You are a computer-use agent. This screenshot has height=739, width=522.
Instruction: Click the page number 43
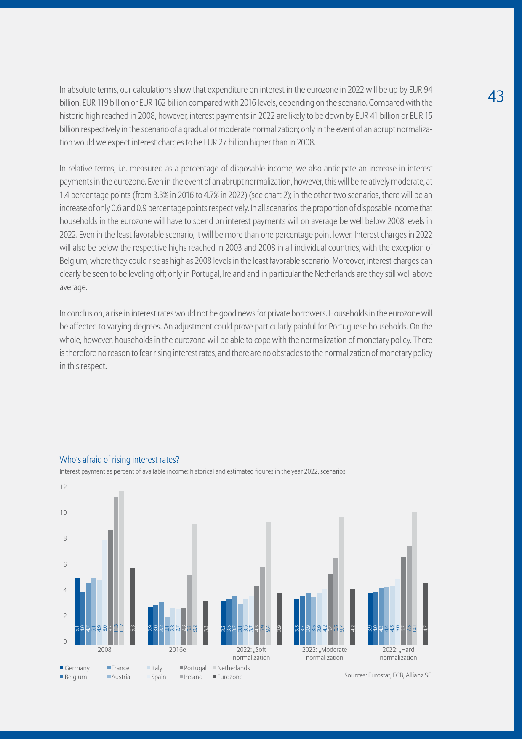coord(495,96)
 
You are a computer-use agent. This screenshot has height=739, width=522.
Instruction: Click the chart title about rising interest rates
coord(120,459)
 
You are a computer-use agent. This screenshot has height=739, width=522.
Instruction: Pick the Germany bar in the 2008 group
coord(77,610)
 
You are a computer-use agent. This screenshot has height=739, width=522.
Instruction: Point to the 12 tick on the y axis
coord(64,487)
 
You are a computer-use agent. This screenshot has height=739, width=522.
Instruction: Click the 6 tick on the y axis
coord(65,565)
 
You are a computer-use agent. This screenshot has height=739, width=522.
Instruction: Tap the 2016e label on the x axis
coord(177,650)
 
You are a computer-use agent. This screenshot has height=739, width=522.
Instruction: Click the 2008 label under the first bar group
coord(104,650)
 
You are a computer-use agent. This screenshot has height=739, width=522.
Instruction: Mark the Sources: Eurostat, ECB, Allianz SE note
coord(388,675)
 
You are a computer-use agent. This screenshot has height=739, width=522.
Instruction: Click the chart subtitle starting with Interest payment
coord(202,471)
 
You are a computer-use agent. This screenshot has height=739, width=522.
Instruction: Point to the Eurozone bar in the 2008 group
coord(133,606)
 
